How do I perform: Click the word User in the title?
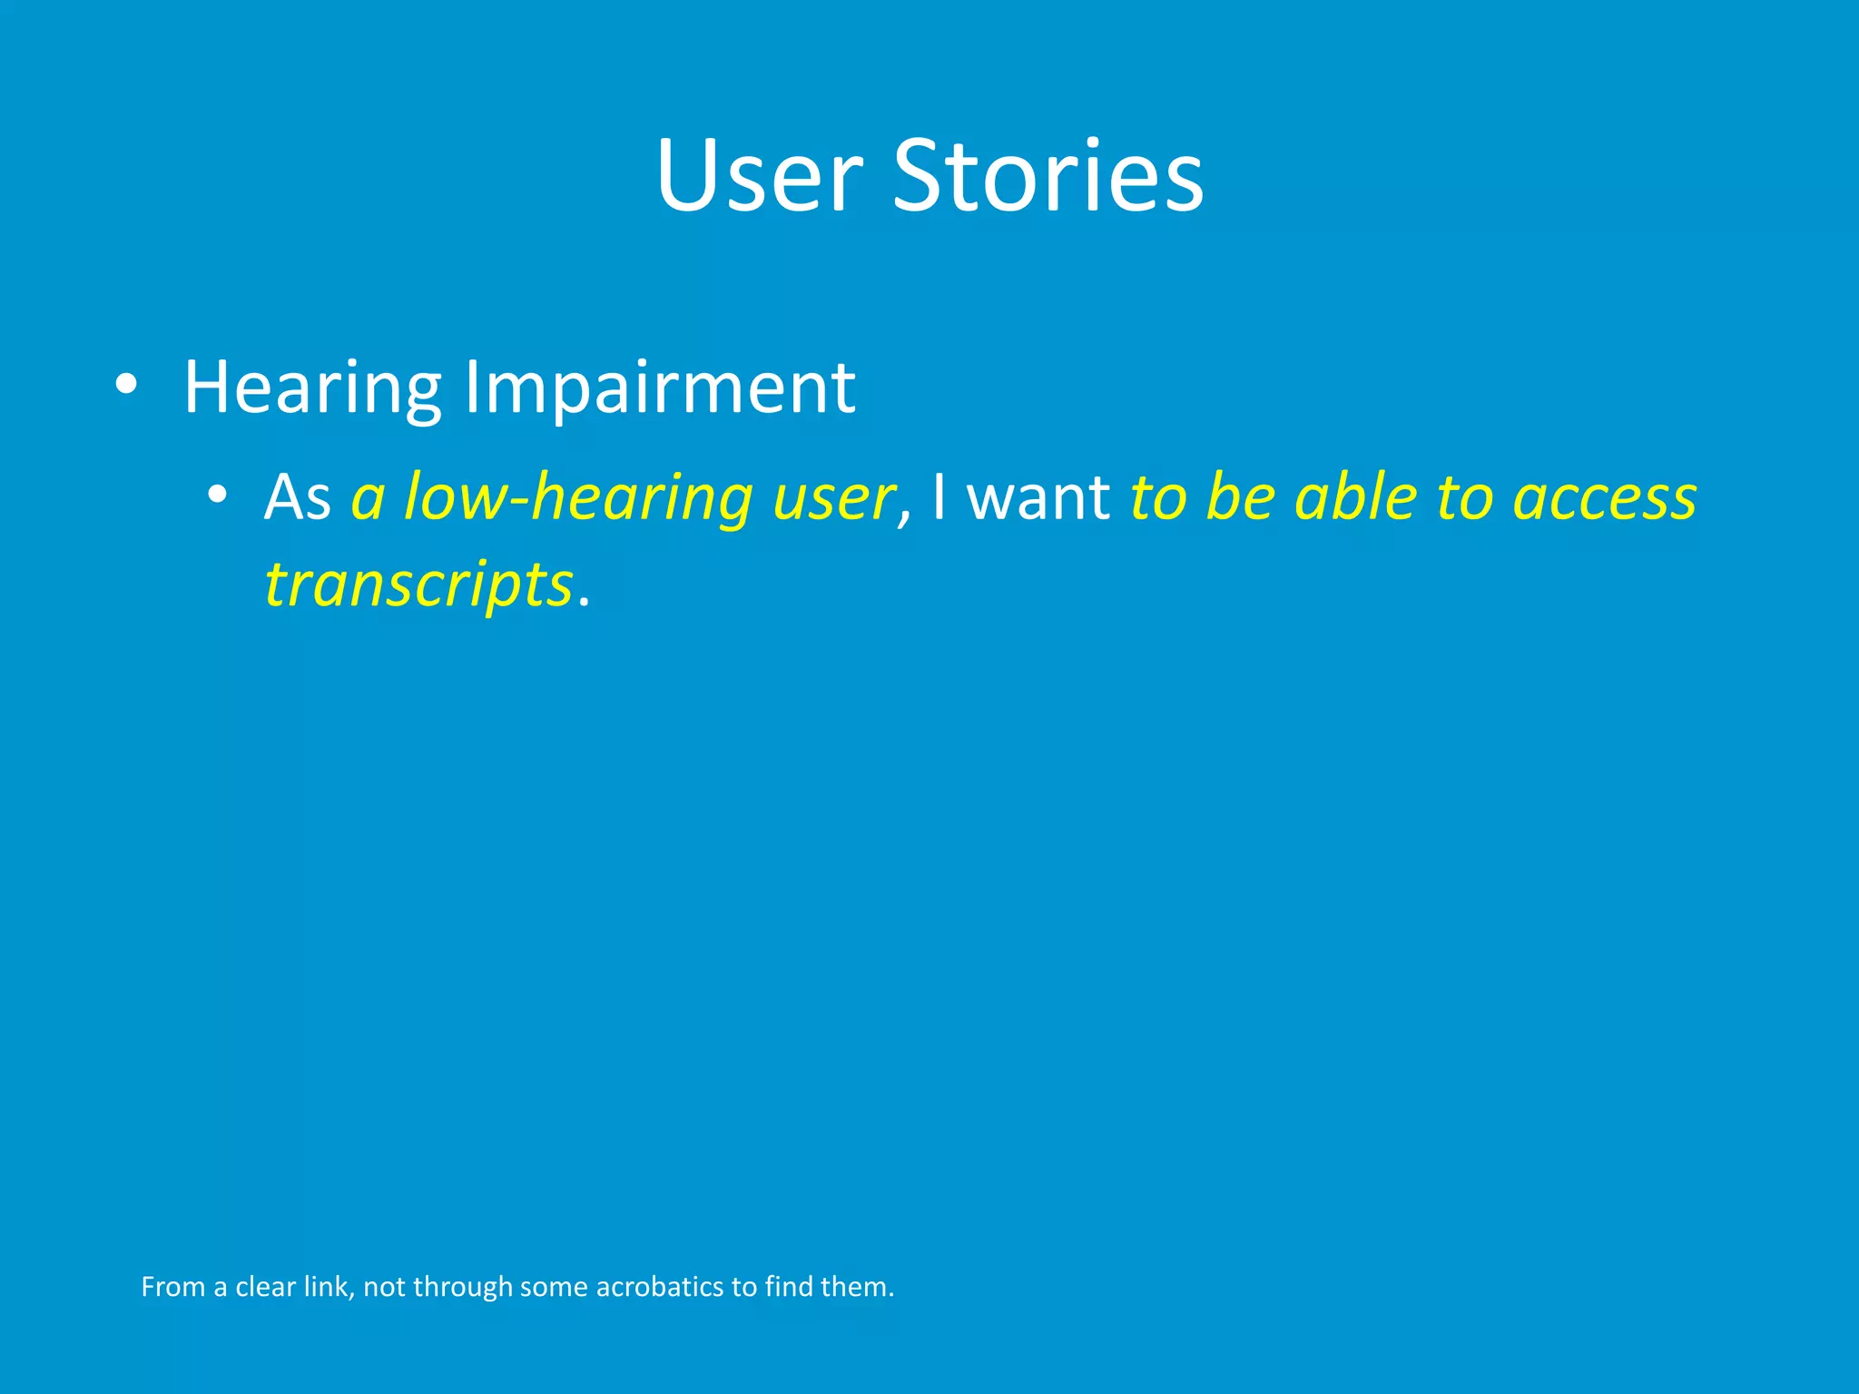pos(759,176)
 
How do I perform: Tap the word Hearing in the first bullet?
pos(312,388)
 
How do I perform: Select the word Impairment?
pos(660,388)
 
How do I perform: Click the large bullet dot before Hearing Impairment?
pos(126,386)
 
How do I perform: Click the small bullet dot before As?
pos(216,496)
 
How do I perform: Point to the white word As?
pos(297,498)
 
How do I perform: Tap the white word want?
pos(1038,498)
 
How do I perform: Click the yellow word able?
pos(1356,498)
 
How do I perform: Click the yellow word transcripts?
pos(418,585)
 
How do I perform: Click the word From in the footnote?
pos(173,1287)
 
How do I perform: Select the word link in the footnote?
pos(326,1287)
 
